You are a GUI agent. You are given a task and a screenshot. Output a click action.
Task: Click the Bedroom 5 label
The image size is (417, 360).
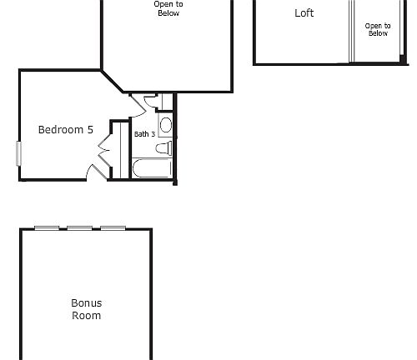66,129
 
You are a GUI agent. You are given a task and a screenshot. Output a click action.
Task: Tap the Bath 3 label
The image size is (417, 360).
144,134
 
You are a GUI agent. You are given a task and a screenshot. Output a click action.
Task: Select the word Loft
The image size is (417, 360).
304,13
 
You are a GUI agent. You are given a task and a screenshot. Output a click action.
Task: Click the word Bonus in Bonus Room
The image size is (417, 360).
87,303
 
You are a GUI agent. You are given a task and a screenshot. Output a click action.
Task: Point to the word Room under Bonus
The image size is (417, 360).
87,316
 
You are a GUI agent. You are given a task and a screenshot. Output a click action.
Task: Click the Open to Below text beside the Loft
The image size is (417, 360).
378,30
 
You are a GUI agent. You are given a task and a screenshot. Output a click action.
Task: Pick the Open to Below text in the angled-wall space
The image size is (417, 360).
168,9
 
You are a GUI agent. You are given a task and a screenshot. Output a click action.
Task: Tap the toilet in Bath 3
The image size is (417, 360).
164,148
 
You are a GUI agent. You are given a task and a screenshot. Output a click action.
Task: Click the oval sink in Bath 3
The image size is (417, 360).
165,125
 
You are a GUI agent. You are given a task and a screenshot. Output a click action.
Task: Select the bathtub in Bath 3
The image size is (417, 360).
152,168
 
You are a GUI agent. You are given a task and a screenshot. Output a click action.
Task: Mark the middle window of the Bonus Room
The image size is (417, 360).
79,228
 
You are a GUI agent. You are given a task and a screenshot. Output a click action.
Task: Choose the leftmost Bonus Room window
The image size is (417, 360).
47,228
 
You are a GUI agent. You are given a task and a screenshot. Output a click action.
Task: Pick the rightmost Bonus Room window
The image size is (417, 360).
113,228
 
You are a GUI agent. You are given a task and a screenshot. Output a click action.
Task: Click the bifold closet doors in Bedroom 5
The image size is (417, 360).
104,153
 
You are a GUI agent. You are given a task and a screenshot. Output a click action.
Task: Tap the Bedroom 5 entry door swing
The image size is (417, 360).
94,172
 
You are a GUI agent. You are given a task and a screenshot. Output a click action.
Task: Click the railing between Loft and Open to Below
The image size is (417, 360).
351,32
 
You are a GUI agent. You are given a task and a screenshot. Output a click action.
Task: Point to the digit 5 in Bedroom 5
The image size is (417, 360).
90,129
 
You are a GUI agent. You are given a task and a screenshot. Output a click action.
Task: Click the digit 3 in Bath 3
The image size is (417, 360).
153,134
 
